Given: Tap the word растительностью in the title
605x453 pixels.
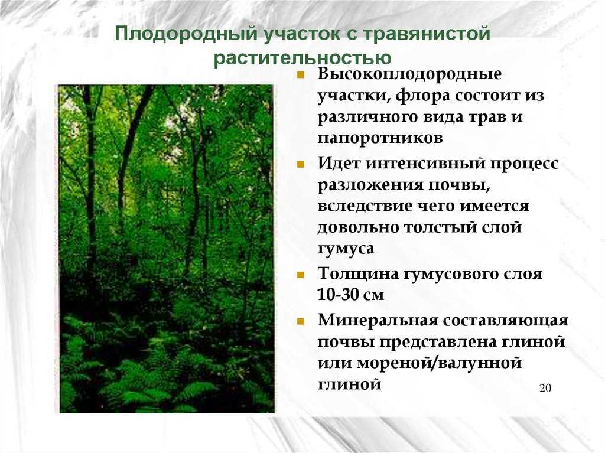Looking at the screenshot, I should [x=302, y=58].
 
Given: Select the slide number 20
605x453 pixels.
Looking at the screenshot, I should [x=545, y=388].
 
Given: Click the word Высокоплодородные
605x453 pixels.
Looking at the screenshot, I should [x=409, y=76].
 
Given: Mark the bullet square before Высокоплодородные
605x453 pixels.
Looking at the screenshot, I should [x=301, y=76].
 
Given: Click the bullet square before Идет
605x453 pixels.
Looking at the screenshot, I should [x=301, y=164].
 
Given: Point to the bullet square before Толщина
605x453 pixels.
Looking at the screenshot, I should [x=301, y=275].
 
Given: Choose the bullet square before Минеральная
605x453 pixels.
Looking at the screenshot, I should [x=301, y=321].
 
